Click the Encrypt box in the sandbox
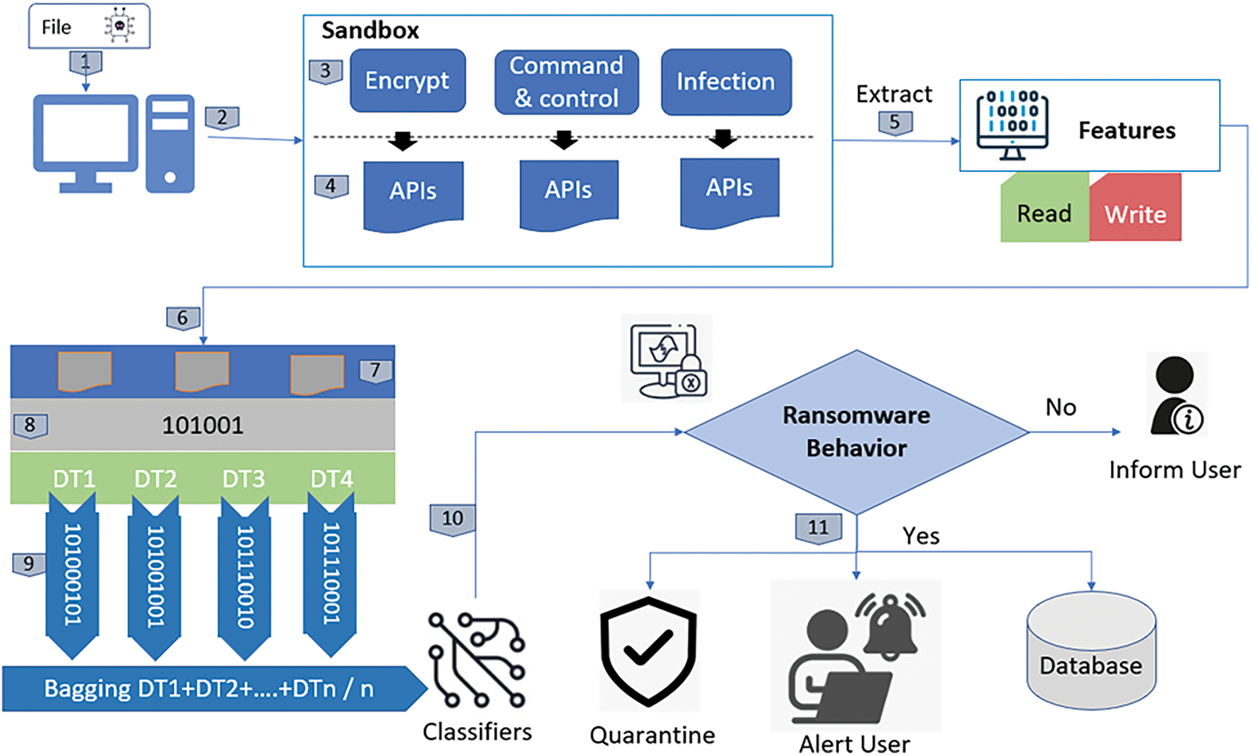tap(407, 81)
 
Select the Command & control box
tap(566, 82)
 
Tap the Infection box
tap(726, 82)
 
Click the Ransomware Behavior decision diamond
tap(856, 432)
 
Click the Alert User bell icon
tap(891, 624)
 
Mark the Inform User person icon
tap(1176, 396)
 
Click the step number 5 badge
tap(895, 122)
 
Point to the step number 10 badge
tap(452, 519)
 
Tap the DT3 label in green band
tap(243, 478)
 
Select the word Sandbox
tap(370, 31)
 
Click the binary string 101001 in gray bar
tap(203, 425)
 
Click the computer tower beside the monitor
tap(170, 143)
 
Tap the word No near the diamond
tap(1060, 407)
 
